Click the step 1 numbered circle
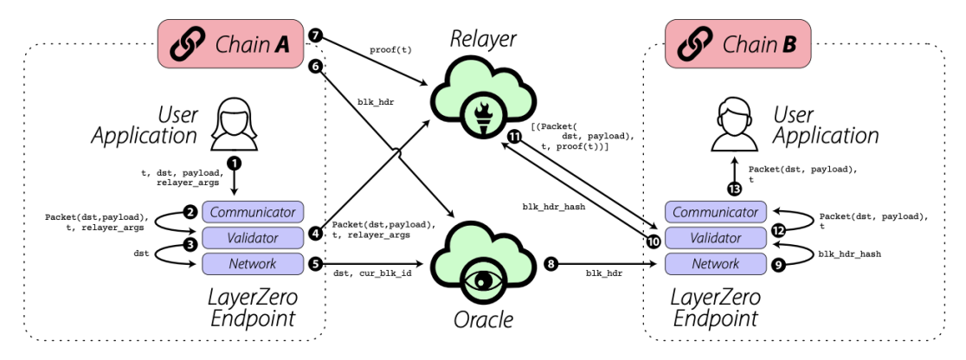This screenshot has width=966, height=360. point(235,164)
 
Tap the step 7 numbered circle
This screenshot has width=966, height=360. point(316,36)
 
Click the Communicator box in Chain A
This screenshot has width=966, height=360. point(254,212)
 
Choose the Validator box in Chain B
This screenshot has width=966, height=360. point(715,238)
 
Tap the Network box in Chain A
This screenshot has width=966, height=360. point(254,264)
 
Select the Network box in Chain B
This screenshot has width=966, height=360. point(715,264)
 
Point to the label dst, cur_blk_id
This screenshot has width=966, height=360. point(372,273)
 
